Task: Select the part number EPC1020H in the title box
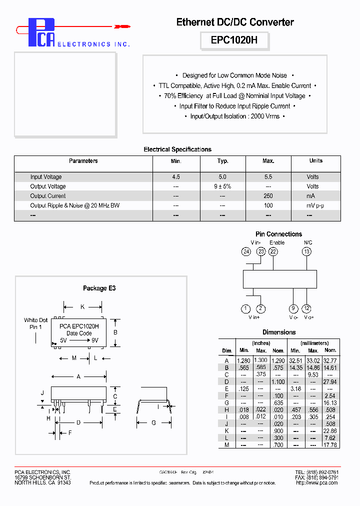(x=234, y=40)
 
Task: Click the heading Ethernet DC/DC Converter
(x=235, y=22)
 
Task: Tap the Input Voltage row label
(x=46, y=177)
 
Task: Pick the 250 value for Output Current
(x=268, y=196)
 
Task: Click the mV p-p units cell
(x=315, y=205)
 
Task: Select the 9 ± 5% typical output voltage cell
(x=222, y=186)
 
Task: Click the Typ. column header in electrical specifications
(x=223, y=161)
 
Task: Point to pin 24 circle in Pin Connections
(x=246, y=251)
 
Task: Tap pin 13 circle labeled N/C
(x=306, y=251)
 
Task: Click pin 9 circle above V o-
(x=293, y=308)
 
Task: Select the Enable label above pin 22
(x=277, y=242)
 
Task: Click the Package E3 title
(x=99, y=288)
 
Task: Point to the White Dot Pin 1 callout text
(x=36, y=323)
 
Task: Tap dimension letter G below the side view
(x=153, y=423)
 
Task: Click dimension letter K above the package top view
(x=82, y=307)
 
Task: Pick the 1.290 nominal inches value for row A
(x=278, y=360)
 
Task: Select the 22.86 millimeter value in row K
(x=330, y=430)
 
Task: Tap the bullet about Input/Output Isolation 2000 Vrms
(x=234, y=116)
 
